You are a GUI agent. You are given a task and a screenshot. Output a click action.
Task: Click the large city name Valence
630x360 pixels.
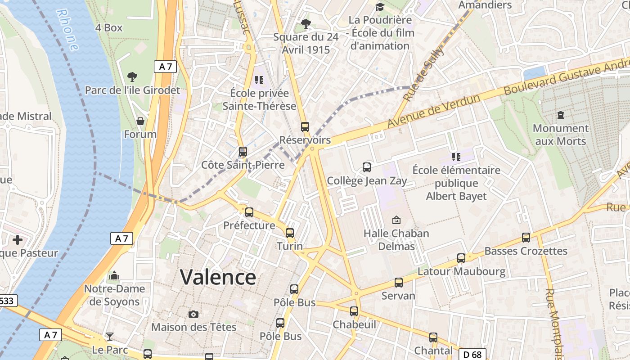pyautogui.click(x=218, y=277)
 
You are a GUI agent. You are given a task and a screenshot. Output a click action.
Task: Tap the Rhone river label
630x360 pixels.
pyautogui.click(x=68, y=30)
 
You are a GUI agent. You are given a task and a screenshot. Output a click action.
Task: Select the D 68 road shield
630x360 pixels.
pyautogui.click(x=472, y=355)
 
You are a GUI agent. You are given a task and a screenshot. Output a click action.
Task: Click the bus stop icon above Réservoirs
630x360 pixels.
pyautogui.click(x=305, y=127)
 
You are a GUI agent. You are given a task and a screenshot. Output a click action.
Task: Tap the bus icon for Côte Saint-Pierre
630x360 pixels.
pyautogui.click(x=243, y=152)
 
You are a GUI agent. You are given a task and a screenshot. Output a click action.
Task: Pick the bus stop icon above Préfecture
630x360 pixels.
pyautogui.click(x=249, y=212)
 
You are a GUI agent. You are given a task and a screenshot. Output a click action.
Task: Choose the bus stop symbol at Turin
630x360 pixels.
pyautogui.click(x=290, y=233)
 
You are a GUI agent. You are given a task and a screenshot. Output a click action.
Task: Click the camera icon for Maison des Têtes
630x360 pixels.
pyautogui.click(x=193, y=314)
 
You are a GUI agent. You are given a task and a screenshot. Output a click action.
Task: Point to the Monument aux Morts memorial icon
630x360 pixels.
pyautogui.click(x=560, y=115)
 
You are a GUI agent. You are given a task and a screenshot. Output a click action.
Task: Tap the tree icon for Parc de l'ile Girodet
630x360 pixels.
pyautogui.click(x=132, y=77)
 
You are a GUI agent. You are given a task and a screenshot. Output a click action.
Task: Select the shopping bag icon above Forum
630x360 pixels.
pyautogui.click(x=140, y=121)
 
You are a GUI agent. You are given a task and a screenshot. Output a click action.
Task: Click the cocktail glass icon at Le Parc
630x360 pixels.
pyautogui.click(x=110, y=337)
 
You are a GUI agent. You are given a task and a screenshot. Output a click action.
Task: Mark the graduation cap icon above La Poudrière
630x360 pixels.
pyautogui.click(x=380, y=7)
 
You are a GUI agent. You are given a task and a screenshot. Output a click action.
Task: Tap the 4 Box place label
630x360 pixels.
pyautogui.click(x=109, y=28)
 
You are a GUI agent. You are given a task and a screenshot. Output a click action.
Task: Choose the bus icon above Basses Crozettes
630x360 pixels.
pyautogui.click(x=526, y=238)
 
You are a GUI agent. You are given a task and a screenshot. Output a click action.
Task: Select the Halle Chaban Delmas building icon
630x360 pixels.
pyautogui.click(x=396, y=220)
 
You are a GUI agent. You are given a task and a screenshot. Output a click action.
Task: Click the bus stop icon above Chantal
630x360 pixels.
pyautogui.click(x=433, y=337)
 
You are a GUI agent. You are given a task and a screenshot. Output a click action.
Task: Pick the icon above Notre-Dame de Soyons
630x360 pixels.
pyautogui.click(x=114, y=275)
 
